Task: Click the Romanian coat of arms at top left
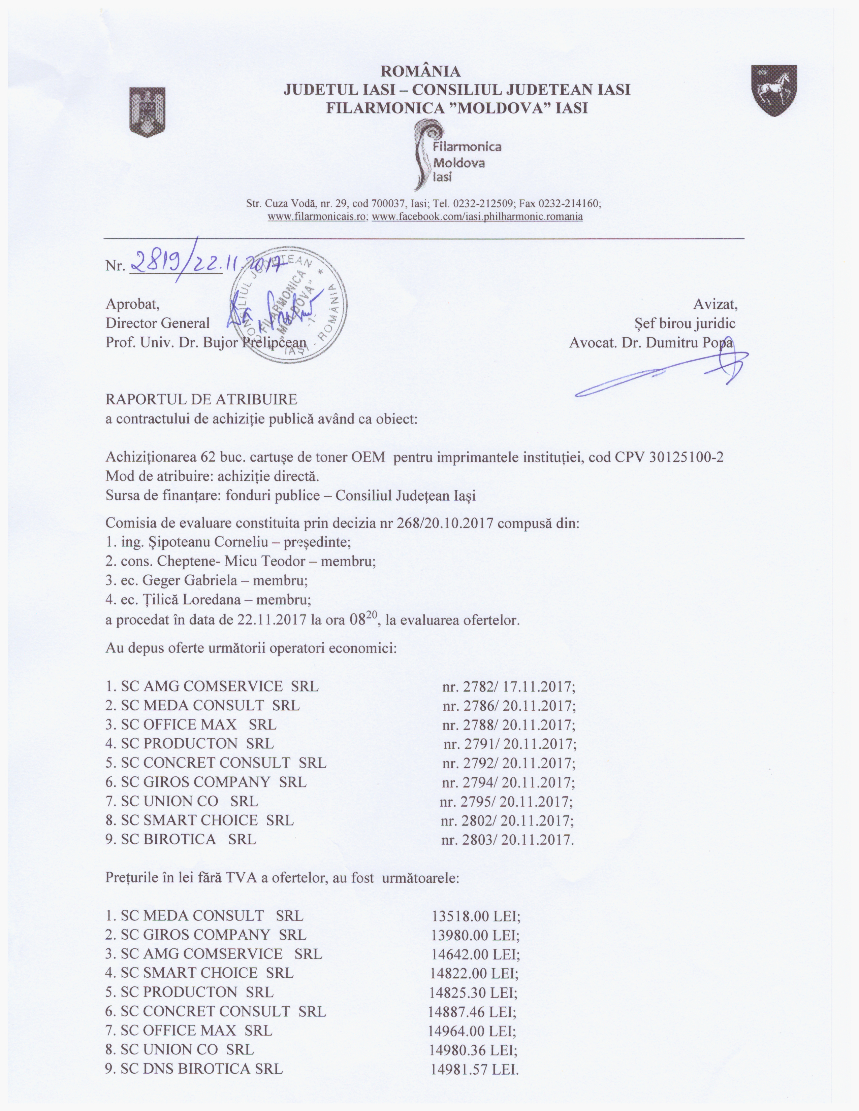click(148, 112)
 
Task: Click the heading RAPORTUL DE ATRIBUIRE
click(201, 399)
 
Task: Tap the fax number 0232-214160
click(570, 203)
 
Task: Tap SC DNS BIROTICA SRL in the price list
click(201, 1069)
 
